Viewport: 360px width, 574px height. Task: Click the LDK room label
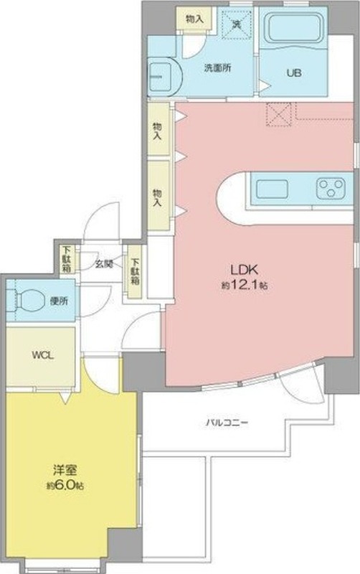[243, 270]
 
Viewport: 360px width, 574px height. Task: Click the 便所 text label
[59, 301]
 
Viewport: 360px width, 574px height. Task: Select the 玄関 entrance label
[104, 263]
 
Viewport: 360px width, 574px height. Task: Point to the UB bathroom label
[294, 72]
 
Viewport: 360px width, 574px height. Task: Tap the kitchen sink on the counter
[272, 189]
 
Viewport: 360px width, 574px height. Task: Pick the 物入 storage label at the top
[193, 18]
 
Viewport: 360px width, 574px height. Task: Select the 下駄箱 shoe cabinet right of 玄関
[134, 272]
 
